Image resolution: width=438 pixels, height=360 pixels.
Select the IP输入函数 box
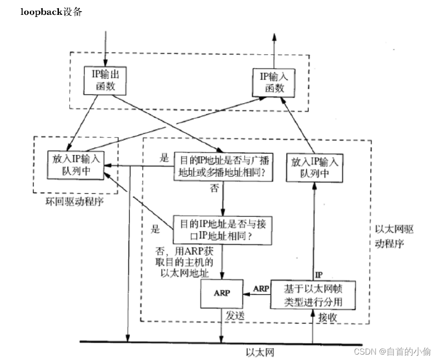point(274,82)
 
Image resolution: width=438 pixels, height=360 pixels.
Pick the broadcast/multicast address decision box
point(223,166)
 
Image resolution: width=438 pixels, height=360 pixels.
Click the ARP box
point(222,292)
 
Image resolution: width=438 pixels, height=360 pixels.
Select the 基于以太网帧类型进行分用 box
point(313,295)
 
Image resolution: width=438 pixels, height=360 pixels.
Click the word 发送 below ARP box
point(236,316)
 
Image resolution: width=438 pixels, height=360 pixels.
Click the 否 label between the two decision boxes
point(215,188)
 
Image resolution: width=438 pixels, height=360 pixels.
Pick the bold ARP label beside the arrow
point(261,288)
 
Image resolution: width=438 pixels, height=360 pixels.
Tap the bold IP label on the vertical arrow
point(319,274)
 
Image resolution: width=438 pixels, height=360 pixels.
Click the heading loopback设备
point(51,12)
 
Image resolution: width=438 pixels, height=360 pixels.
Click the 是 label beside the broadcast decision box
point(164,158)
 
